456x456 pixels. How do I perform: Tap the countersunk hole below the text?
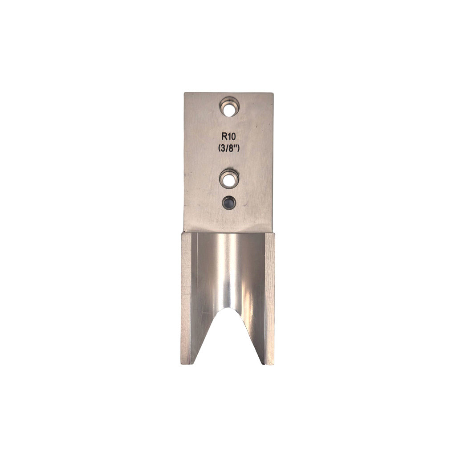tap(229, 179)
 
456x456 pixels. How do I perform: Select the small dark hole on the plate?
tap(229, 202)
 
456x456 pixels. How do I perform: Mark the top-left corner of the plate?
tap(185, 93)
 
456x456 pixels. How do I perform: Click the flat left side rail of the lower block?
tap(186, 298)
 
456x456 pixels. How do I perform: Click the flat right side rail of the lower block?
tap(270, 298)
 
